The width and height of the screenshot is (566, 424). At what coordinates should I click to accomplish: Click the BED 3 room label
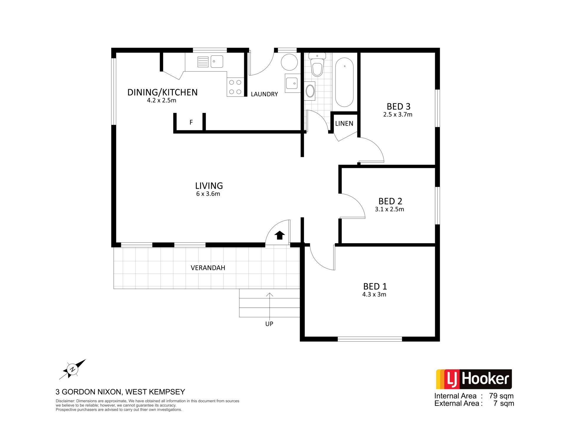click(399, 106)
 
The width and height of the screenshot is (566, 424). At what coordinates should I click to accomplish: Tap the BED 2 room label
click(390, 201)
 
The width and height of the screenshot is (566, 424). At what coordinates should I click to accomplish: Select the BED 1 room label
click(375, 286)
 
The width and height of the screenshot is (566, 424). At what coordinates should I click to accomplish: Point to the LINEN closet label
click(344, 123)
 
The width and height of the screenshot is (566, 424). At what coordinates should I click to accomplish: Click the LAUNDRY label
click(264, 94)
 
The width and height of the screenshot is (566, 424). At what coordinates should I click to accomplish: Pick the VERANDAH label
click(208, 268)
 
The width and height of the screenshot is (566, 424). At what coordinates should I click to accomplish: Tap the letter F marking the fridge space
click(191, 122)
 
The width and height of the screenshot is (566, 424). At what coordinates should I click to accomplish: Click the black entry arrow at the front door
click(280, 235)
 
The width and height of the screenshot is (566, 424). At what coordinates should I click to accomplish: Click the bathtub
click(344, 82)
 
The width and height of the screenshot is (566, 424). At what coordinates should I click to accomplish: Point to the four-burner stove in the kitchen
click(235, 87)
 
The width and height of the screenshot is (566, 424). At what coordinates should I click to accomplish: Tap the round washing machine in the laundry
click(289, 62)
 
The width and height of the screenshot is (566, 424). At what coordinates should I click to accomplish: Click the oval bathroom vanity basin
click(310, 91)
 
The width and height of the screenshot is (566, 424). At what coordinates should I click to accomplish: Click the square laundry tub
click(292, 83)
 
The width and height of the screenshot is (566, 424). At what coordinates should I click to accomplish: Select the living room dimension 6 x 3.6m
click(208, 194)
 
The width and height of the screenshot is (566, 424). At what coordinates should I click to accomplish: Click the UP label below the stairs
click(269, 324)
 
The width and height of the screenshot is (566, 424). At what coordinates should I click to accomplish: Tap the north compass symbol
click(72, 369)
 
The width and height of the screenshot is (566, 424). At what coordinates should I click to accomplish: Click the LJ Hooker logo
click(474, 379)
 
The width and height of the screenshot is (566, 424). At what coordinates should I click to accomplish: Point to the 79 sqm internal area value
click(501, 396)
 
